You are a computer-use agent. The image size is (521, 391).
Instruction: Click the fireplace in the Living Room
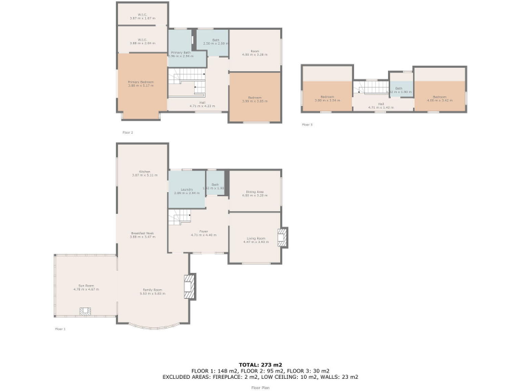pos(282,237)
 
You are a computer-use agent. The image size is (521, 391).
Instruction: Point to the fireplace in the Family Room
pos(190,286)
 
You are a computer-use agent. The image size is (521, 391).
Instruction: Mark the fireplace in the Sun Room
pos(85,312)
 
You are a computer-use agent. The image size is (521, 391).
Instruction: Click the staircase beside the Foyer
pos(181,218)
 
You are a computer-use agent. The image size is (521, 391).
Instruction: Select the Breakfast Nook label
pos(142,234)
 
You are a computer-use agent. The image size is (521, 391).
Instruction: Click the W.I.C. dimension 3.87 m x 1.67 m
pos(142,17)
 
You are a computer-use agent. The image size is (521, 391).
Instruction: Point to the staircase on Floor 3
pos(372,88)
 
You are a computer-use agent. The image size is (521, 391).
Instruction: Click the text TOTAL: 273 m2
pos(260,365)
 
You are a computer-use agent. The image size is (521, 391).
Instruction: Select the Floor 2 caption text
pos(128,132)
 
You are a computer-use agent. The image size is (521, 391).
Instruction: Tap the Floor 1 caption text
pos(60,329)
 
